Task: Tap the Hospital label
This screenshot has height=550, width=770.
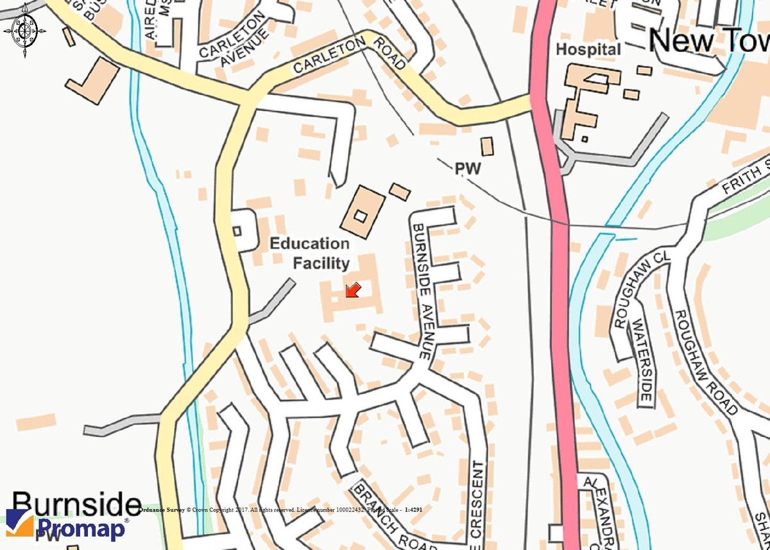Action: [588, 49]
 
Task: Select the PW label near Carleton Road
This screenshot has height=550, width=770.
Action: [468, 169]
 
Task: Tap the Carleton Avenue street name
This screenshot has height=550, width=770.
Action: [232, 42]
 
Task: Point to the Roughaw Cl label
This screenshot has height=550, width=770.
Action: [642, 289]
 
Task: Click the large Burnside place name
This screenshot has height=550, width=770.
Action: [76, 505]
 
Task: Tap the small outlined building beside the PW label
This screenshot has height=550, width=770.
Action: [488, 146]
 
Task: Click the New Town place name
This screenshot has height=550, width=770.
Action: [709, 41]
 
